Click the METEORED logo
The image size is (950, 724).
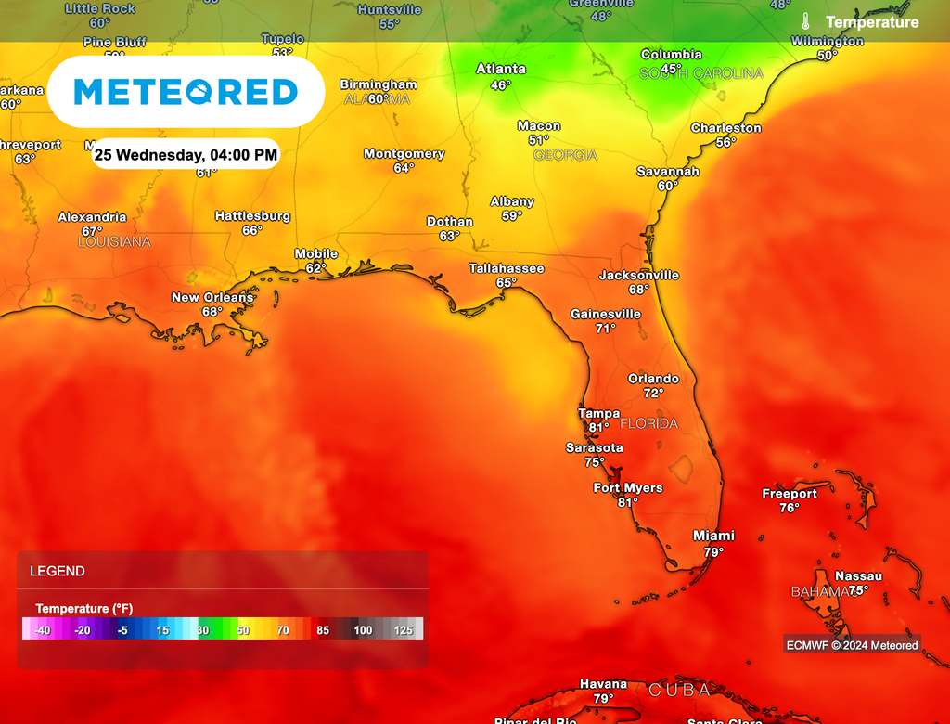[x=186, y=92]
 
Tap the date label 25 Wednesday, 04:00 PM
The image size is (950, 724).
[x=186, y=154]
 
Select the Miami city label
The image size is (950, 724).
[x=713, y=536]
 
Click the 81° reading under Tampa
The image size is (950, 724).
[x=598, y=428]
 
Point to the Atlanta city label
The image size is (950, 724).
[x=501, y=69]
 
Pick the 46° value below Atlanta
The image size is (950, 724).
[x=501, y=84]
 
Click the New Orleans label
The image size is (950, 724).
[x=212, y=297]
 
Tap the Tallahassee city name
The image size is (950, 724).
[x=506, y=268]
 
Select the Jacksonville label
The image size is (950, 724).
[x=638, y=275]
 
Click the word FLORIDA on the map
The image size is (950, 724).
[x=648, y=423]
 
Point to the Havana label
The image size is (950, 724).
[x=603, y=684]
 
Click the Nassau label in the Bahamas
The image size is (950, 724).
[x=858, y=576]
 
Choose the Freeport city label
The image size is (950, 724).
[x=790, y=494]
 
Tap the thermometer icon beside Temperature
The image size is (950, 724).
[x=807, y=21]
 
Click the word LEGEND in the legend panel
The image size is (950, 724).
[x=58, y=571]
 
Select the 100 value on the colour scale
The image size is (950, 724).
[x=363, y=630]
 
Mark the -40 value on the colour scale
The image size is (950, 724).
[x=43, y=630]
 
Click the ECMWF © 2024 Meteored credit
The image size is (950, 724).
[x=852, y=645]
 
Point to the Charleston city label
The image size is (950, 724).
[x=725, y=128]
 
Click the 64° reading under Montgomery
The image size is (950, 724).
[x=404, y=168]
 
